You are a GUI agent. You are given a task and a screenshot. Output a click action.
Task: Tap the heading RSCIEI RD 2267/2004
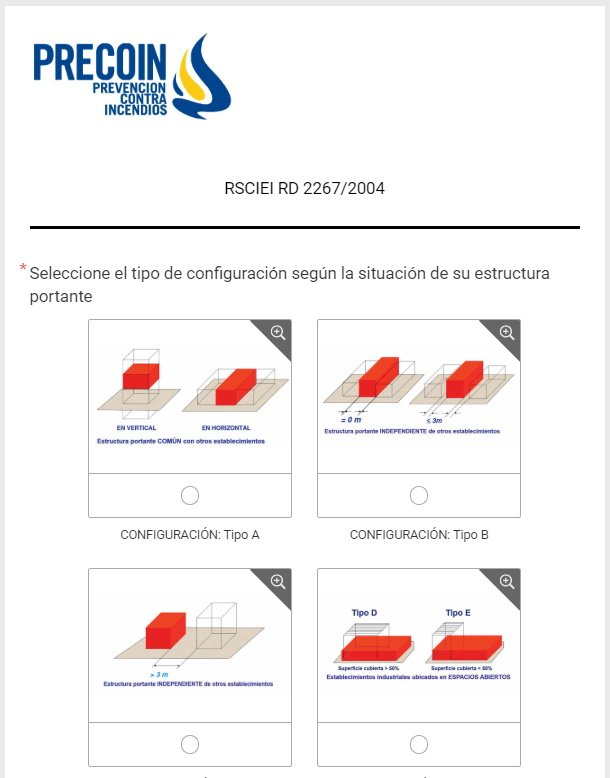(x=305, y=188)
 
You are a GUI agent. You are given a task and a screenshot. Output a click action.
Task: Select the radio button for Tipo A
(x=190, y=495)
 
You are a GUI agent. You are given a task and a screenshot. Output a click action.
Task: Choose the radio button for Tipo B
(x=419, y=495)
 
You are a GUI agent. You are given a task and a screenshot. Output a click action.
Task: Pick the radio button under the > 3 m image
(x=190, y=743)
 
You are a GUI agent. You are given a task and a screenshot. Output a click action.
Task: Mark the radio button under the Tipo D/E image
(x=419, y=743)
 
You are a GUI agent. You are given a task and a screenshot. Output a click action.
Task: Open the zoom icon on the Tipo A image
(x=278, y=333)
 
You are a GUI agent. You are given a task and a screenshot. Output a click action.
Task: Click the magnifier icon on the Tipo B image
(x=507, y=333)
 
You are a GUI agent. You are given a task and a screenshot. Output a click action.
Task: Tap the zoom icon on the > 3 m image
(x=278, y=581)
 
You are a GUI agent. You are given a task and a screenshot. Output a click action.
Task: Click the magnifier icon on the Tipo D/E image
(x=507, y=581)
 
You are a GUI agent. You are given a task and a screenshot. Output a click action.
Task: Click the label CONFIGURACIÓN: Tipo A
(x=190, y=535)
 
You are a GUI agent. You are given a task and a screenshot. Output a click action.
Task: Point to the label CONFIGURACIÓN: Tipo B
(x=419, y=535)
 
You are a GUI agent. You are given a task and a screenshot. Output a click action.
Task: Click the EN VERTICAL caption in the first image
(x=137, y=427)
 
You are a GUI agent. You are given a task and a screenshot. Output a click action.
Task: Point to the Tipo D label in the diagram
(x=364, y=612)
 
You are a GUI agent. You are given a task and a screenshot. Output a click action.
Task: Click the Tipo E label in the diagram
(x=459, y=612)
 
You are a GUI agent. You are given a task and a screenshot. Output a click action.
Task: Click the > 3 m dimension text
(x=158, y=674)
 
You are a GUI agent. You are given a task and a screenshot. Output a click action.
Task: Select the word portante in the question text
(x=61, y=297)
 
